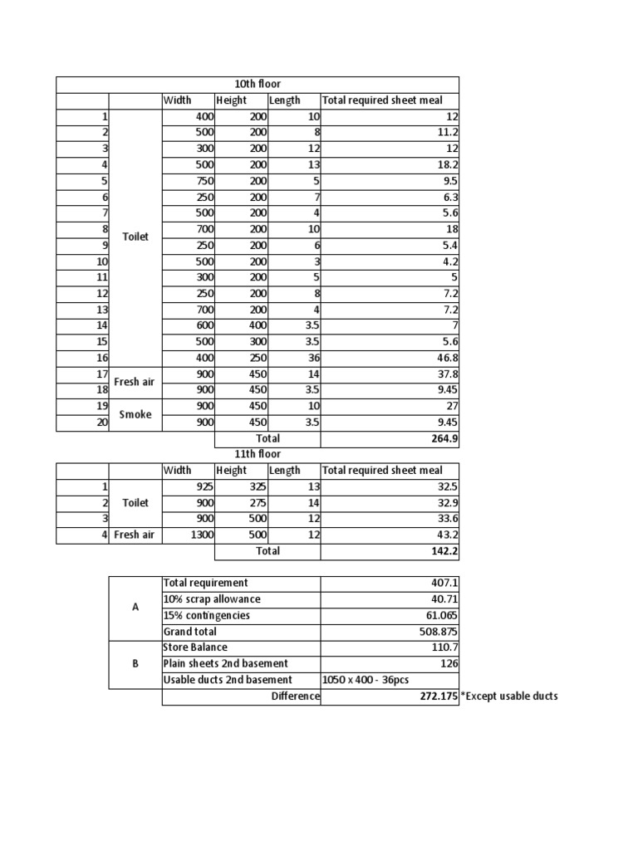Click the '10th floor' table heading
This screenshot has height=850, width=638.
coord(258,85)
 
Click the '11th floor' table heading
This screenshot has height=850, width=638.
coord(258,454)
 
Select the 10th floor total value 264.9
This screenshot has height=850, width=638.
coord(444,438)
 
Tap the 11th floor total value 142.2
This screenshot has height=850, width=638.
coord(444,551)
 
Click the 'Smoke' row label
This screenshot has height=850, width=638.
coord(135,414)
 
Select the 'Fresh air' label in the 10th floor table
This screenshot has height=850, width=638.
coord(135,382)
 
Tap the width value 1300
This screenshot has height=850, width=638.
coord(200,535)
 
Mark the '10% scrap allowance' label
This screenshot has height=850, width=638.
coord(212,599)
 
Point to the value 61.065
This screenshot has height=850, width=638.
coord(441,616)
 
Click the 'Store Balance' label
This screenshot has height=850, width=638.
coord(195,647)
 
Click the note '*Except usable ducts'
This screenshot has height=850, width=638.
coord(509,696)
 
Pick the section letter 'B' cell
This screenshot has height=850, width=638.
coord(135,664)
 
